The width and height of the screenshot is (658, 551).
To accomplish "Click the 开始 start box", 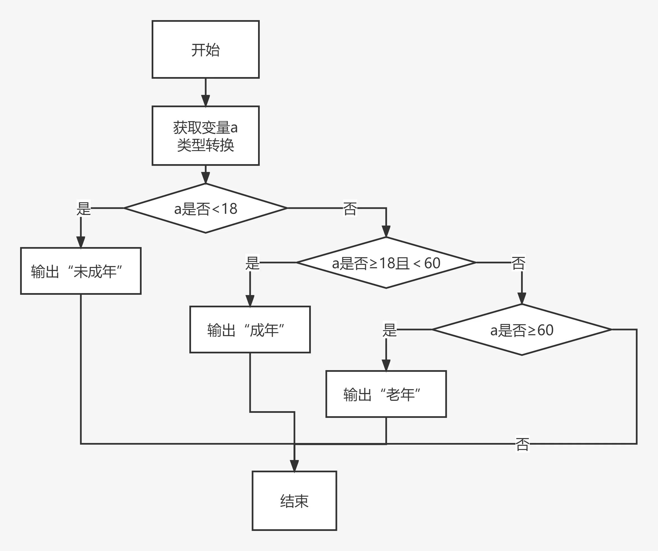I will point(206,49).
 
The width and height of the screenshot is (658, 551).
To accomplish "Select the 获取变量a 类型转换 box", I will point(206,136).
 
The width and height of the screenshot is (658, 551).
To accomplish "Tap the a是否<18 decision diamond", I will point(206,208).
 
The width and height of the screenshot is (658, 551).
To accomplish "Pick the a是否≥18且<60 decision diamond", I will point(386,263).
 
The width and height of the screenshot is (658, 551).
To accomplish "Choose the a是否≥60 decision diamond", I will point(522,330).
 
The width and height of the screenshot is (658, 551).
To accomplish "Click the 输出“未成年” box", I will point(81,271).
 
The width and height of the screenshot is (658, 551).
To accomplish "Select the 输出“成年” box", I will point(250,330).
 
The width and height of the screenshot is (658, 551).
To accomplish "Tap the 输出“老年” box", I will point(386,394).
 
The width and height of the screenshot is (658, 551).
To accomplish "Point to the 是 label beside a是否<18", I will point(84,208).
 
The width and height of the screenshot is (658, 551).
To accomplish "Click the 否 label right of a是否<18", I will point(350,208).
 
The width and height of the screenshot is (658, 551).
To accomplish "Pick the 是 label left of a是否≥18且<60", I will point(252,263).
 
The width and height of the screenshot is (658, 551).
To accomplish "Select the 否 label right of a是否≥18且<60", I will point(518,263).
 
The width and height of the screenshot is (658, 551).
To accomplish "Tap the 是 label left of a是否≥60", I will point(390,330).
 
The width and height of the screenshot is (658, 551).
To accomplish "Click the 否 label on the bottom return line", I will point(522,444).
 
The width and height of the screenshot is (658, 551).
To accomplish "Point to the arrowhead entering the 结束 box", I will point(294,466).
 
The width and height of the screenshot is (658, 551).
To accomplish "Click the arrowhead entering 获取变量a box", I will point(206,100).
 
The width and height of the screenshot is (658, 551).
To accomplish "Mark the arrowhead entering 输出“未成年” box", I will point(81,242).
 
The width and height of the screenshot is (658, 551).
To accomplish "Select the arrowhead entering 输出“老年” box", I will point(386,365).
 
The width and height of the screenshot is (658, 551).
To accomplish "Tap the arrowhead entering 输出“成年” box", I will point(250,301).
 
